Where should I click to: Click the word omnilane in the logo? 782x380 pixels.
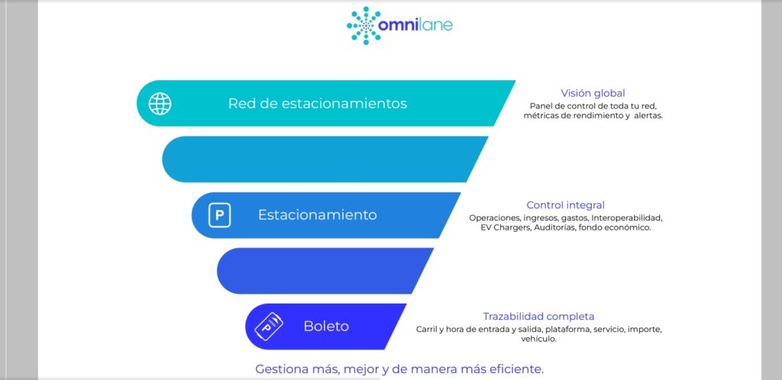pos(415,25)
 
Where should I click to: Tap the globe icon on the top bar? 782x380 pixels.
pos(160,104)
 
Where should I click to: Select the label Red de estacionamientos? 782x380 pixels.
pos(317,104)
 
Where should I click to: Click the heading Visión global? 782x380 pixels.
pos(593,93)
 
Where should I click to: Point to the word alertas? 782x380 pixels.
pos(648,116)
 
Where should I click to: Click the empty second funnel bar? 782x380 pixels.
pos(325,159)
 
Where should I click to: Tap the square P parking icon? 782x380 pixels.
pos(219,216)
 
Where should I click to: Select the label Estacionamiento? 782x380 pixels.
pos(317,214)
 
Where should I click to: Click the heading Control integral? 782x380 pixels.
pos(566,204)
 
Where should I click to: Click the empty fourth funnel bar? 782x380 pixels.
pos(325,270)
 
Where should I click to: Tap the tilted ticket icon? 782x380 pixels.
pos(269,327)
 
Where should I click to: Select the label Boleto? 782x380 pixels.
pos(326,327)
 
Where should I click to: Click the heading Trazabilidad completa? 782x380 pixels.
pos(538,316)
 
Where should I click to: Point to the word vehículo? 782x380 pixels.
pos(538,339)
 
